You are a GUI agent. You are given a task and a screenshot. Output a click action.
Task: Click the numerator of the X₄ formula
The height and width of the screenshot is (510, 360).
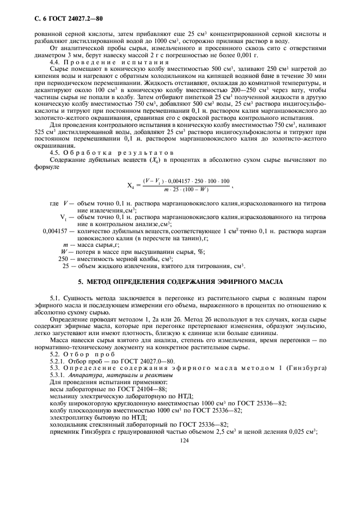pyautogui.click(x=186, y=180)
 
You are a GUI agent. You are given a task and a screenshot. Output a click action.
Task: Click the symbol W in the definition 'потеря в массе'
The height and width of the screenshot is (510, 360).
pyautogui.click(x=66, y=252)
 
